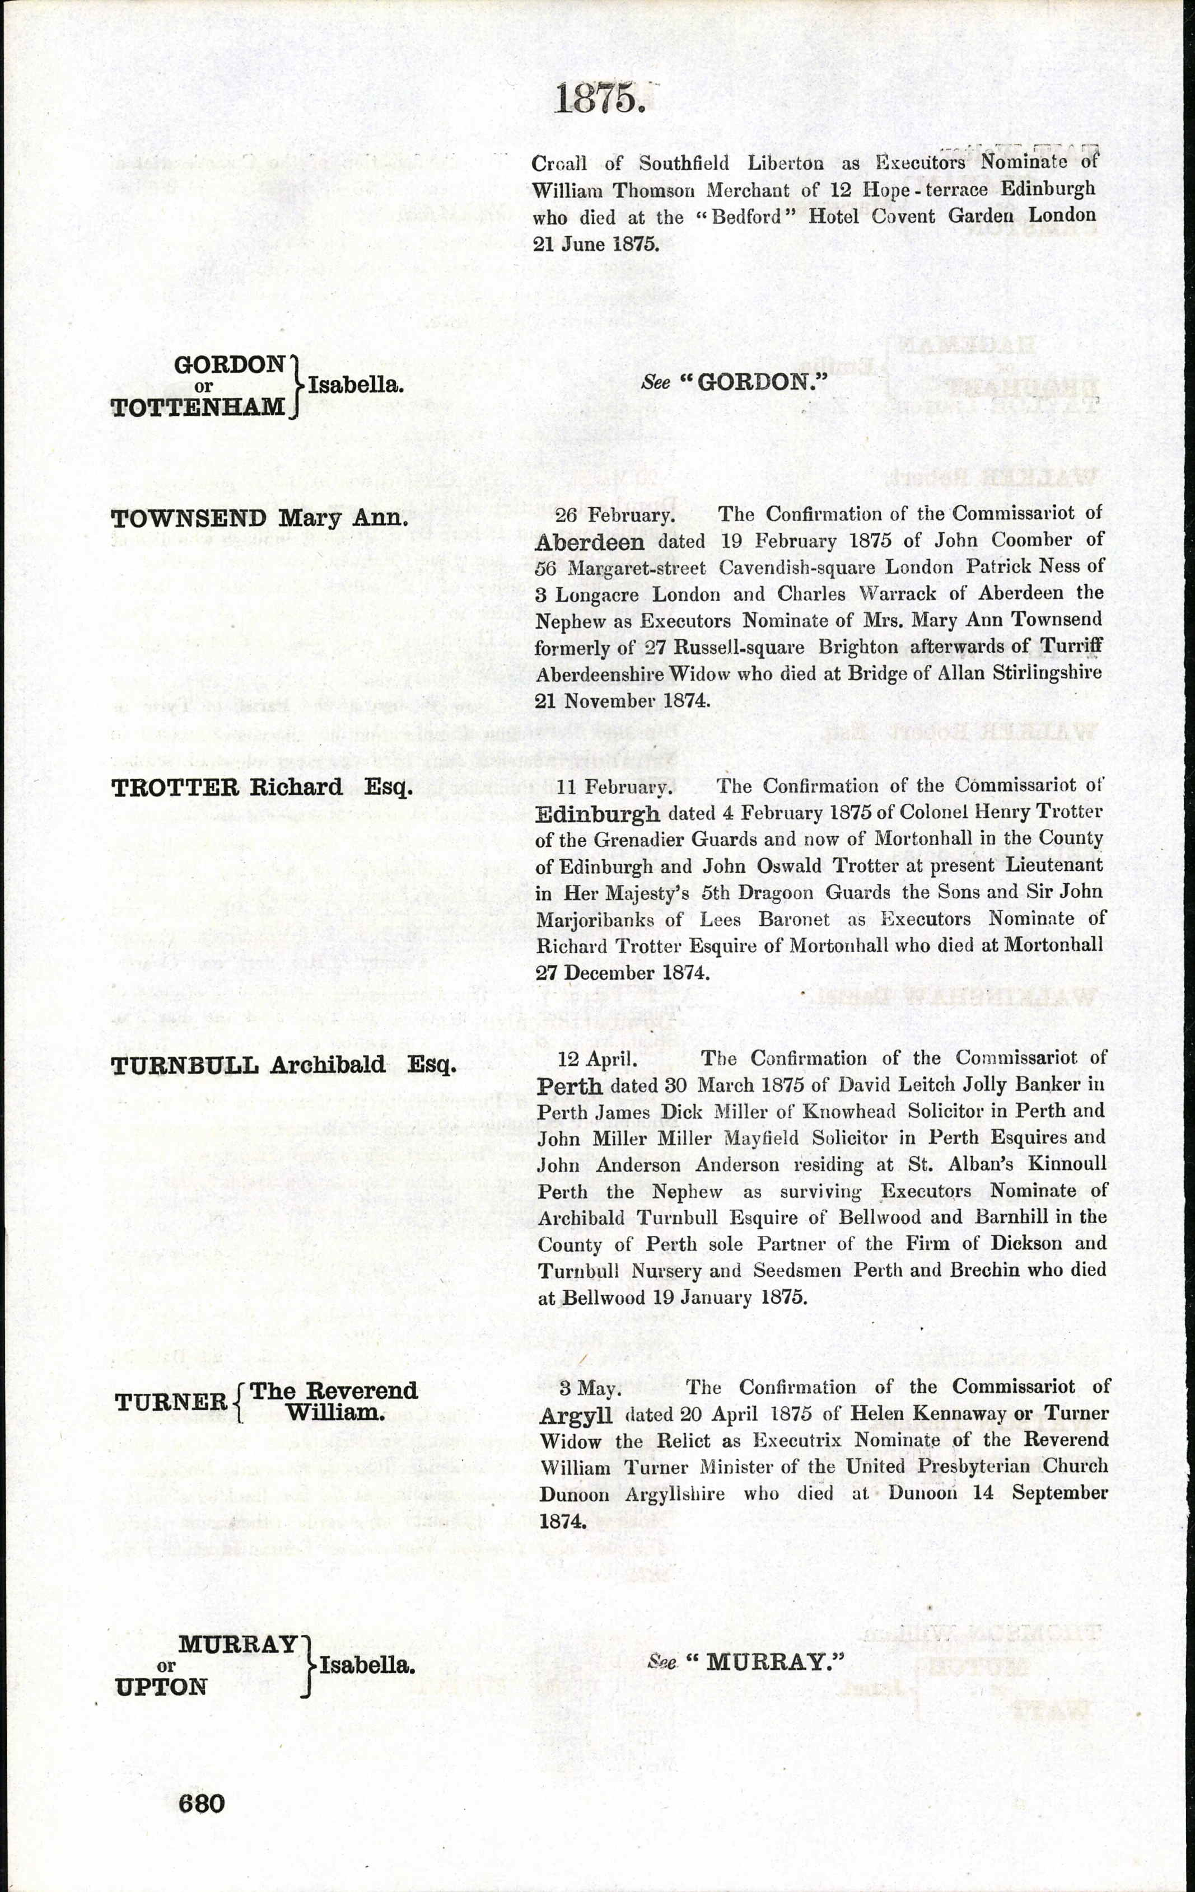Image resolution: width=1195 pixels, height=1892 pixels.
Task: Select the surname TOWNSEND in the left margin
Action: pos(189,518)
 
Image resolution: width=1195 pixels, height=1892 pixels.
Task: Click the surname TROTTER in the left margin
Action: pos(175,787)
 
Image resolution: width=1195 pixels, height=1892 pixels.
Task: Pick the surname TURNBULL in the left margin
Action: pos(185,1065)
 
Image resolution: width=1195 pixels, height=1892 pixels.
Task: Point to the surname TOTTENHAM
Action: pos(198,407)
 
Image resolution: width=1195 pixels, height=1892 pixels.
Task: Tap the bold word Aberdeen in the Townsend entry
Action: pos(590,542)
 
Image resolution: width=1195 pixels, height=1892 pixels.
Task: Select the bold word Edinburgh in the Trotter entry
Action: pos(597,814)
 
